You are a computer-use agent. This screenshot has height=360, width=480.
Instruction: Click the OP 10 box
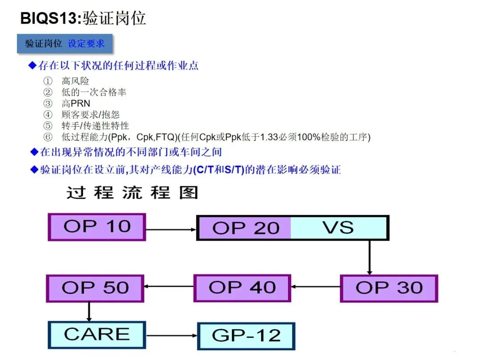click(97, 227)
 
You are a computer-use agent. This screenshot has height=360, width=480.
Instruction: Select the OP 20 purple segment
click(244, 228)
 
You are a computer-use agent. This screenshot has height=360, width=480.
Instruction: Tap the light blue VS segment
click(339, 228)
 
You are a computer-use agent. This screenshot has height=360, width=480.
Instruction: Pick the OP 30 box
click(389, 288)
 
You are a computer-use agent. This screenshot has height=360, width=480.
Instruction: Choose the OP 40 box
click(242, 288)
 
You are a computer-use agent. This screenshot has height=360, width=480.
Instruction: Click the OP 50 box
click(95, 288)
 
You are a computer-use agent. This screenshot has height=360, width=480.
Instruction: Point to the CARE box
click(96, 335)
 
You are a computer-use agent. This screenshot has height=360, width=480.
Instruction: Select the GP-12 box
click(246, 336)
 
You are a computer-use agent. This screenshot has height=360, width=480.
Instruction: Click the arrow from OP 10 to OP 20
click(171, 229)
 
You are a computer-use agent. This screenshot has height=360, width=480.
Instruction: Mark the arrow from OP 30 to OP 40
click(316, 287)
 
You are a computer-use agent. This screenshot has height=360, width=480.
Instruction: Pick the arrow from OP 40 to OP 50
click(168, 287)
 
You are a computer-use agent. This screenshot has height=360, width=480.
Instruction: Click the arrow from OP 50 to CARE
click(89, 312)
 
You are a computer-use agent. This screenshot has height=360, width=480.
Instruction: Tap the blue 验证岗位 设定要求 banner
click(64, 44)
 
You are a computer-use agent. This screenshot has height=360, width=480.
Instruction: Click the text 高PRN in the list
click(76, 104)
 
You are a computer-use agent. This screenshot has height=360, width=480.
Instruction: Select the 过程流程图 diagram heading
click(132, 193)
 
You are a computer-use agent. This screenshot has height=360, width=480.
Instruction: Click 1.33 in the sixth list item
click(270, 137)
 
